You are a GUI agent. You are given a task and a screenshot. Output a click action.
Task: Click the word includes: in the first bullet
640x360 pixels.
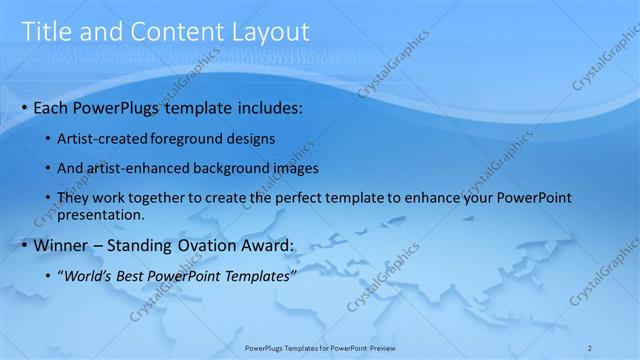click(x=268, y=107)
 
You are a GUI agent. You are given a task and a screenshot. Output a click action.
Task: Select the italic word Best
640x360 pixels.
click(x=131, y=275)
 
